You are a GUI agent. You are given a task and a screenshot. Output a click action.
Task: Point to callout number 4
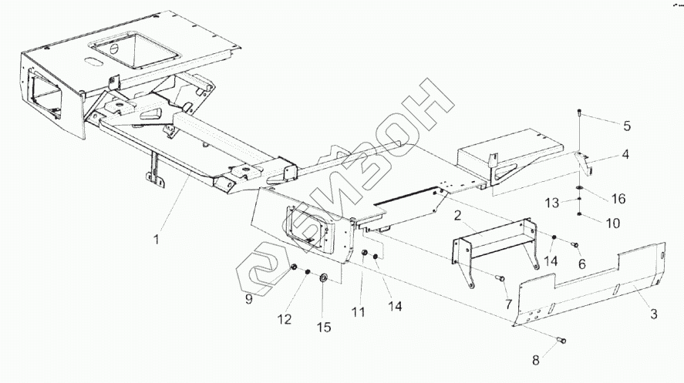(x=625, y=154)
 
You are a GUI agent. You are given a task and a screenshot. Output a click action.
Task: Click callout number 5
(x=626, y=125)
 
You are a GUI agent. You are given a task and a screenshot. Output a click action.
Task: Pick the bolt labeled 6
(x=574, y=245)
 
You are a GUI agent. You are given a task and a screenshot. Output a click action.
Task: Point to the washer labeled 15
(x=322, y=277)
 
